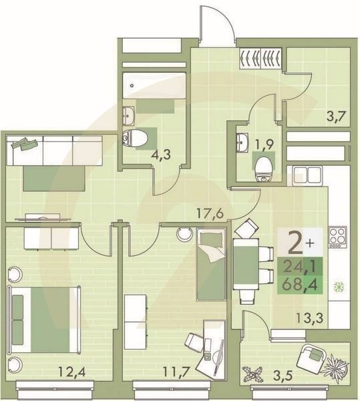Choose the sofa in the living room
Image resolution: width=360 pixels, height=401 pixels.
click(x=55, y=152)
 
